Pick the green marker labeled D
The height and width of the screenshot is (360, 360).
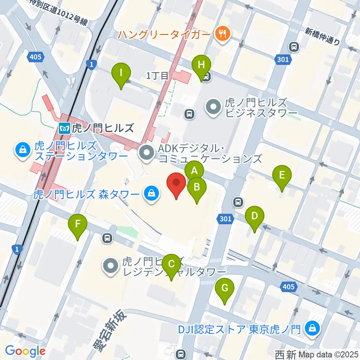[x=255, y=216]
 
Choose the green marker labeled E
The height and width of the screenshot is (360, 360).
[x=282, y=175]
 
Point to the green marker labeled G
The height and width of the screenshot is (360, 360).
[x=225, y=288]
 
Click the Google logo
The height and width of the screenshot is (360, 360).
[x=25, y=351]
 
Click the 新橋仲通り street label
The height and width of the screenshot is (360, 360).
[x=322, y=37]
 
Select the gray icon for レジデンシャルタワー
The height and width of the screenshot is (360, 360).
[x=111, y=266]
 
